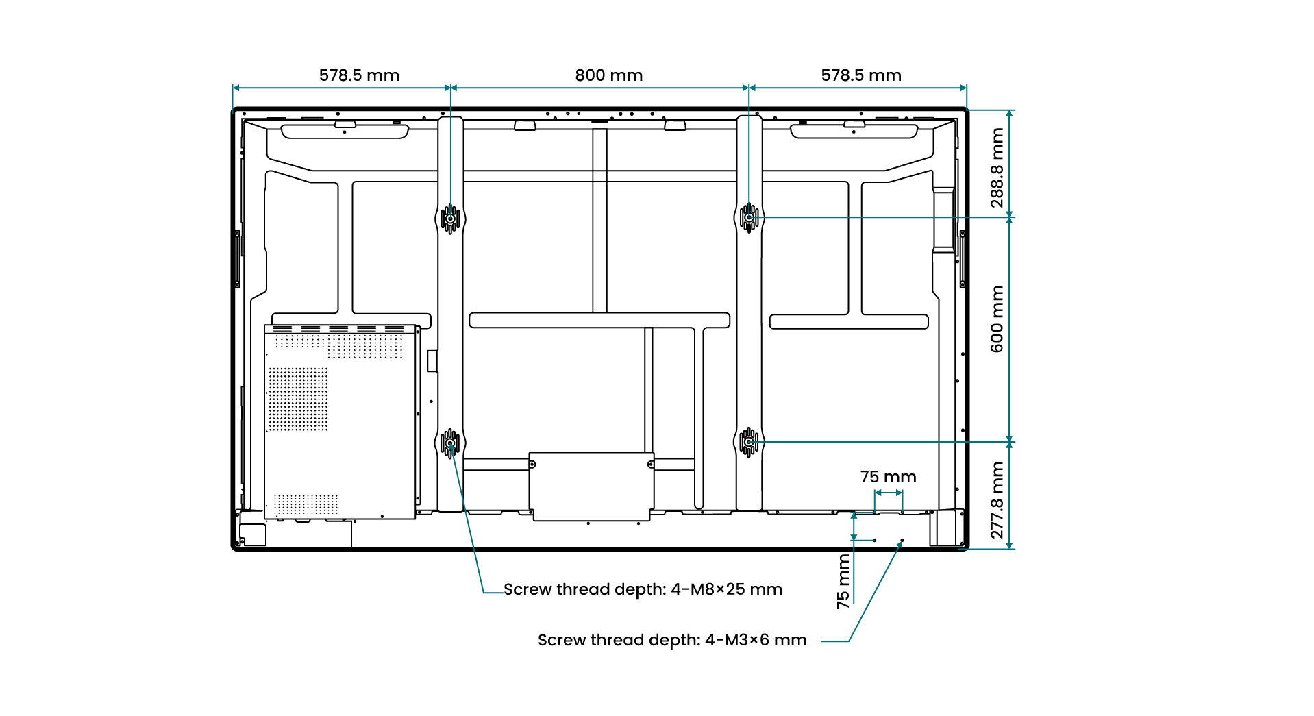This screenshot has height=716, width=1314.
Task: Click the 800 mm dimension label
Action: (x=608, y=75)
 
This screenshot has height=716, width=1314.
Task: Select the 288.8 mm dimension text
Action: (x=997, y=168)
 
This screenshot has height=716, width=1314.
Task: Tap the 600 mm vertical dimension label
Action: (x=997, y=319)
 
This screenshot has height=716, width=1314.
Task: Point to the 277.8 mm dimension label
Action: (x=997, y=500)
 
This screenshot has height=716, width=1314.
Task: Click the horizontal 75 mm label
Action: (x=888, y=477)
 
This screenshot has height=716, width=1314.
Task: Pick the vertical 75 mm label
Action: (x=843, y=582)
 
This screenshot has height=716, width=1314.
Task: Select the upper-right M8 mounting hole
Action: (x=749, y=218)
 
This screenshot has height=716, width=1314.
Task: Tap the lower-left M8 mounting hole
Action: (x=450, y=443)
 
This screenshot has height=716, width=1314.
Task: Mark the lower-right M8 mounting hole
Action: (x=749, y=443)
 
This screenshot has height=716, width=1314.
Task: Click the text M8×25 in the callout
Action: (x=717, y=589)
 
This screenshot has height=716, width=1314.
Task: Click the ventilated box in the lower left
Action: (x=340, y=422)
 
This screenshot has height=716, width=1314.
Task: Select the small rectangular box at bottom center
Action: (x=591, y=486)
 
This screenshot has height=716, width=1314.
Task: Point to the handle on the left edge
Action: (x=237, y=259)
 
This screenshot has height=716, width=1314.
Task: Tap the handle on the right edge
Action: (x=963, y=259)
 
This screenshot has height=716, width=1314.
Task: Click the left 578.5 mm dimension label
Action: (x=359, y=75)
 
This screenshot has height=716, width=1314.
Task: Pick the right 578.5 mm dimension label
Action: (x=861, y=75)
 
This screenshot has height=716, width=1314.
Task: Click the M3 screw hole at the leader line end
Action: (x=902, y=541)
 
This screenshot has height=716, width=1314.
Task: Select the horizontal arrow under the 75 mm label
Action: (x=888, y=493)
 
